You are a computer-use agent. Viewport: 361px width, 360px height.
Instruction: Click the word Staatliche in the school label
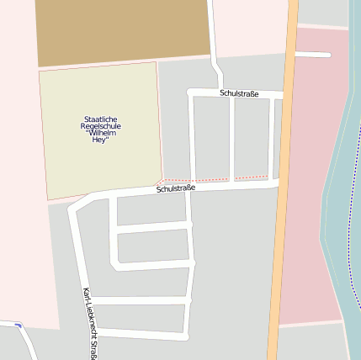tap(101, 119)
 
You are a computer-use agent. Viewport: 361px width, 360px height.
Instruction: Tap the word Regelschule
tap(101, 126)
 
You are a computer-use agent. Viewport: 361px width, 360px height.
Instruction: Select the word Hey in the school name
tap(101, 140)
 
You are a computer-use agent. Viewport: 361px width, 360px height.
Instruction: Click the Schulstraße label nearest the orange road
tap(239, 93)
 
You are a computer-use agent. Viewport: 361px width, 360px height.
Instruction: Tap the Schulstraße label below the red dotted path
tap(176, 189)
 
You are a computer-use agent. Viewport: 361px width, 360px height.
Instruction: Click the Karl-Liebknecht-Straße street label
tap(88, 323)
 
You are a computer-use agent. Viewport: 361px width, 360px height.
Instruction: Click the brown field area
tap(122, 31)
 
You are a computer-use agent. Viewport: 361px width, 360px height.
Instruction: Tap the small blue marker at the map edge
tap(17, 324)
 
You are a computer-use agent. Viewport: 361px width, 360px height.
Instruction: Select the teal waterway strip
tap(337, 168)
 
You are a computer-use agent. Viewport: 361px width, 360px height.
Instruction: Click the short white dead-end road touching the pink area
tap(313, 55)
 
